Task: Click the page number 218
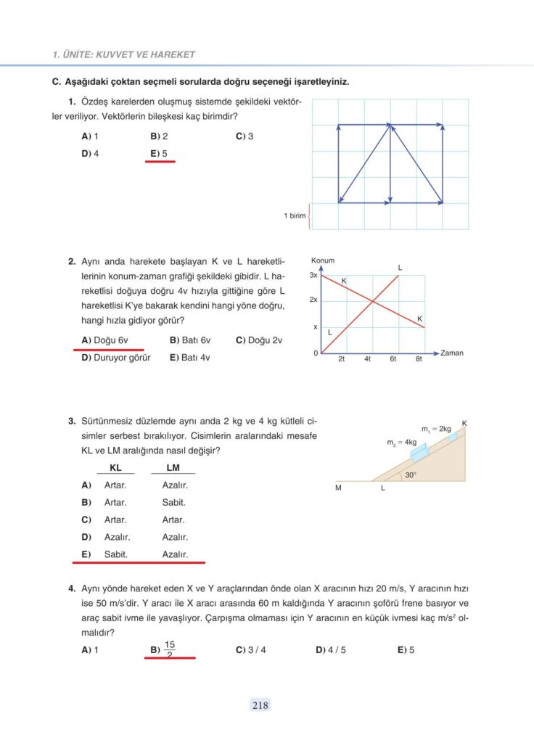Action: point(260,705)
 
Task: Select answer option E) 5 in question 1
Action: point(159,153)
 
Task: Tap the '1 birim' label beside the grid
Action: point(295,215)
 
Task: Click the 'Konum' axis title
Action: point(322,260)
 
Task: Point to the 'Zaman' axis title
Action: point(452,353)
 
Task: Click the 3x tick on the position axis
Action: point(313,276)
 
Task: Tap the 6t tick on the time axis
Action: point(393,359)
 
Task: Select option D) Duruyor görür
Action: point(116,357)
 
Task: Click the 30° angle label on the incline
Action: point(411,475)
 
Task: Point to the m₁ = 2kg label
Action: point(436,429)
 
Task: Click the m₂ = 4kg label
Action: point(401,441)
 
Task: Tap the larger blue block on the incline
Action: point(420,453)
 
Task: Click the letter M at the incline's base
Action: point(338,488)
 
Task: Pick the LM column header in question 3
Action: point(173,468)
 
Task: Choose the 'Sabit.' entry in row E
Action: point(116,554)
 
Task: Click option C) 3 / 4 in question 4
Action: point(250,650)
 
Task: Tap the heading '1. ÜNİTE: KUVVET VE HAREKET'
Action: point(124,54)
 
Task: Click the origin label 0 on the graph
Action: point(316,353)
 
